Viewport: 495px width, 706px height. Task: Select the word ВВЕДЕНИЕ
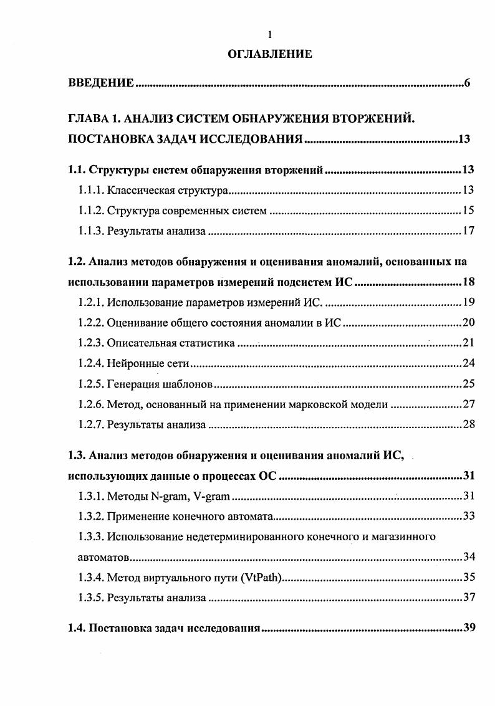101,83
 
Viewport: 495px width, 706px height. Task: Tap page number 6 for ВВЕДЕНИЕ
467,83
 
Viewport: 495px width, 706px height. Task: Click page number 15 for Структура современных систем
468,211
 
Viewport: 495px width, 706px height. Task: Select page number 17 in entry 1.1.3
468,231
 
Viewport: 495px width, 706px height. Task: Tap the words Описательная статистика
171,343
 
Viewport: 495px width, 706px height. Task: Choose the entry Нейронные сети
148,364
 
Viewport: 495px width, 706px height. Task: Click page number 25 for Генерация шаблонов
469,384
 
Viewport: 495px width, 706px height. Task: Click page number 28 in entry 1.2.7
469,425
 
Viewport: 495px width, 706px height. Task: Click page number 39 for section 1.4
469,627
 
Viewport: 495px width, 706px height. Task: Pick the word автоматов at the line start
100,556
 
